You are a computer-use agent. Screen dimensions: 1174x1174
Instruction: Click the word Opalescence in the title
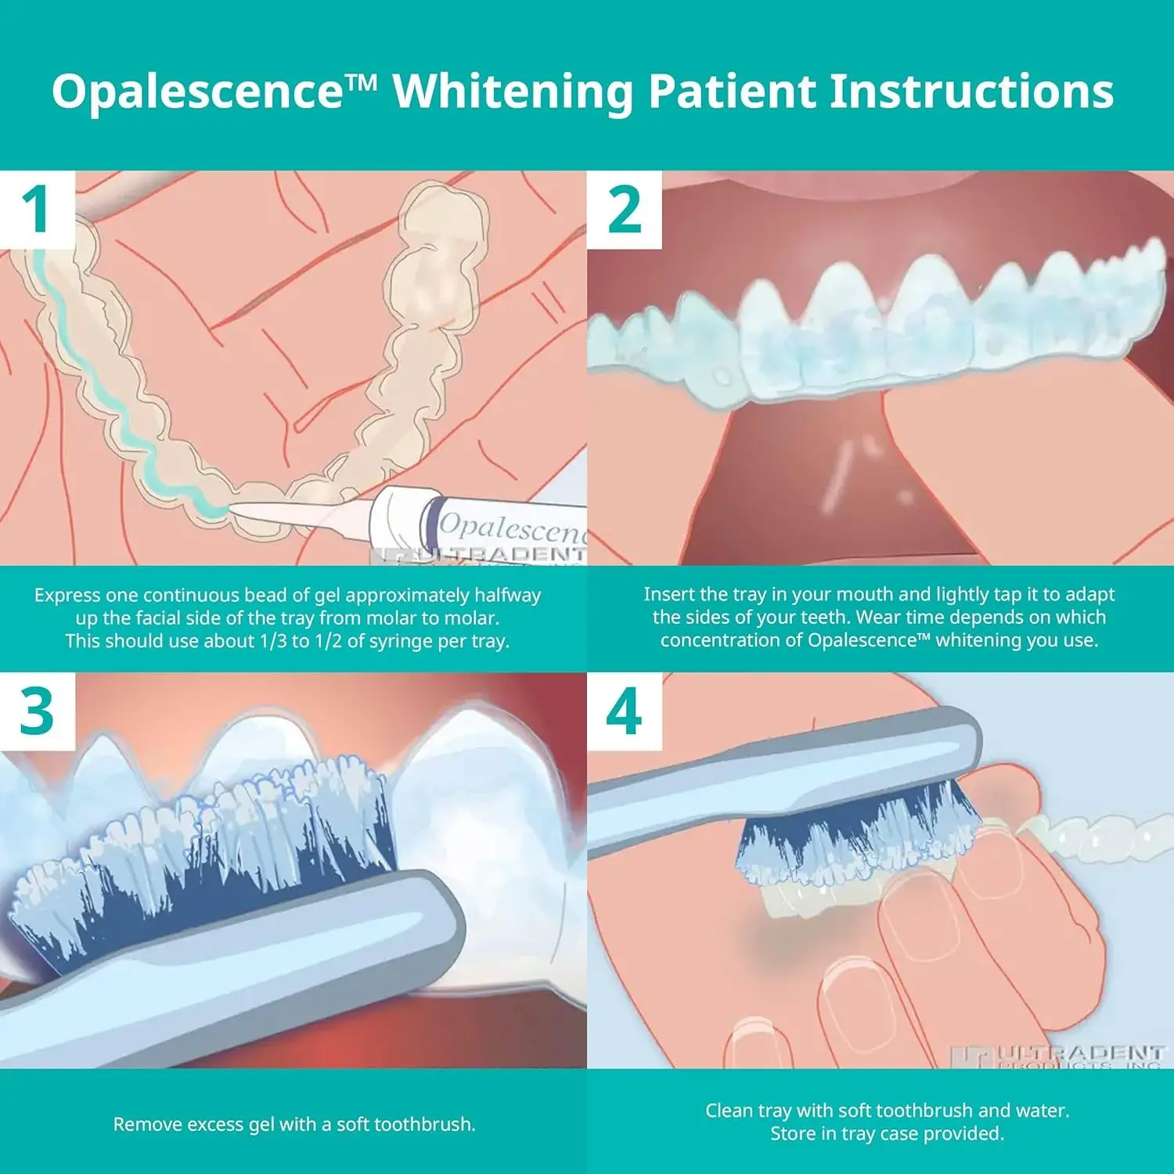point(196,92)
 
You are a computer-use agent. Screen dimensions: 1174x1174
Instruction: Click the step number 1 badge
point(37,210)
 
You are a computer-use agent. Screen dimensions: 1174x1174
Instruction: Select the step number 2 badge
point(624,210)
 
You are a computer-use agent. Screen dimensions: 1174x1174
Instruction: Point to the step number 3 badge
point(37,711)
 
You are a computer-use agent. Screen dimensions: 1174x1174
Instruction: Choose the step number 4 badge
point(624,711)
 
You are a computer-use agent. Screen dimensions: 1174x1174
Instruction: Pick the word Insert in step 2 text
point(668,595)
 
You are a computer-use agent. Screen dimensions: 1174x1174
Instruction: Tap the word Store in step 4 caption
point(791,1134)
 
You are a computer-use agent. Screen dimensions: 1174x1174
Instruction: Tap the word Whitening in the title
point(513,92)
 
